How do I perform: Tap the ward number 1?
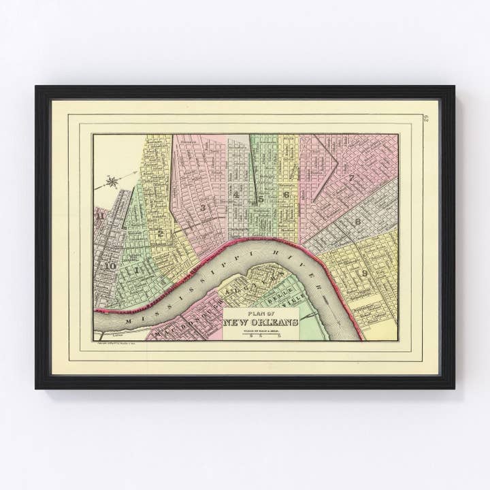click(x=137, y=269)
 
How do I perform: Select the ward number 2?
click(x=160, y=233)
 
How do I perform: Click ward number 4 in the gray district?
click(x=235, y=195)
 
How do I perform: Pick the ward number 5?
click(x=261, y=199)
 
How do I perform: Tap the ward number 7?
click(x=351, y=178)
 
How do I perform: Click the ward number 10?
click(x=109, y=265)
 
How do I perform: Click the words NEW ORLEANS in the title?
click(x=261, y=322)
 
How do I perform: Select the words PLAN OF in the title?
click(x=261, y=314)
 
